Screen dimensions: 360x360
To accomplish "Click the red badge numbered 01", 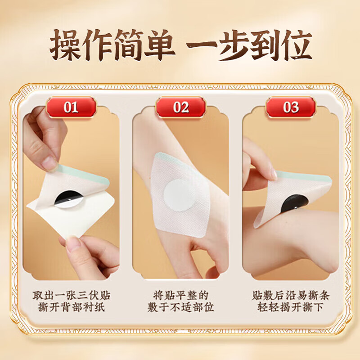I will tap(71, 107).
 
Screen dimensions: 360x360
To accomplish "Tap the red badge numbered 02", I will tap(180, 107).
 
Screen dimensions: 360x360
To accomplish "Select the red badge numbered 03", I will tap(291, 107).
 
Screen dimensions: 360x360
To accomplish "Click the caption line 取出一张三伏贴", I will tap(71, 296).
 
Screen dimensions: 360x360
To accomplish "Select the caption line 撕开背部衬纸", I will tap(71, 308).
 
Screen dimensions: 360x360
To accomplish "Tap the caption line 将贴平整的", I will tap(180, 296).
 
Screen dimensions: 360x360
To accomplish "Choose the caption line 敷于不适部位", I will tap(180, 308).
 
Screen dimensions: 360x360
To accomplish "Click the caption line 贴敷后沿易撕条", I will tap(291, 296).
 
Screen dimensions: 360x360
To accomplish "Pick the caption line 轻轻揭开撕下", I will tap(291, 308).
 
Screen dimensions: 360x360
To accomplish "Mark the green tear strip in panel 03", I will tap(306, 177).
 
